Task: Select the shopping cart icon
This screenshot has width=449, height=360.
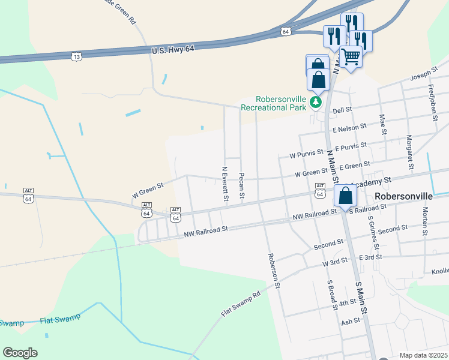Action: (351, 56)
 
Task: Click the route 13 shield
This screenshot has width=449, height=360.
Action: (76, 56)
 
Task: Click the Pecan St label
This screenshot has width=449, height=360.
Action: (241, 186)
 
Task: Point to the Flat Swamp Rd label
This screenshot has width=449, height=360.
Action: (241, 304)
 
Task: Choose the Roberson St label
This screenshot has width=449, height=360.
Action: (273, 270)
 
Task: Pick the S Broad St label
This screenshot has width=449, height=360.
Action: (330, 295)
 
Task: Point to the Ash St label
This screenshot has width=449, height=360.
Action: (349, 321)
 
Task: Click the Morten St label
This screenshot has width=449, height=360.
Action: (425, 221)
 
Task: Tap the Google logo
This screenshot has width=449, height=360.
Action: (20, 352)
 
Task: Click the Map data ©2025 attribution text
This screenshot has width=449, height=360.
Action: (423, 355)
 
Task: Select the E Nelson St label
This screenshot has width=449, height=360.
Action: (349, 127)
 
